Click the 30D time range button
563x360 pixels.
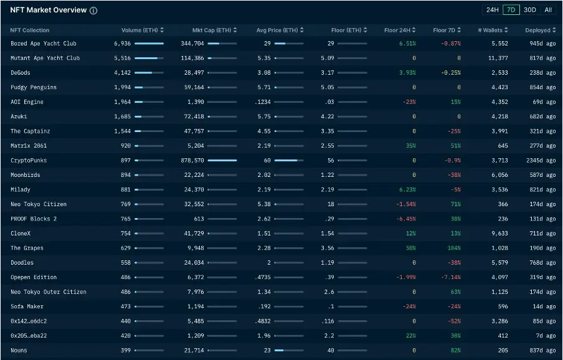[x=529, y=10]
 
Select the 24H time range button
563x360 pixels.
[x=492, y=10]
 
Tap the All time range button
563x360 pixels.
[x=548, y=10]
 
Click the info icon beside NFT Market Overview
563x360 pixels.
[x=93, y=11]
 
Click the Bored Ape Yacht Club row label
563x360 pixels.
[x=44, y=44]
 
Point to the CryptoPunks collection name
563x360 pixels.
[x=29, y=160]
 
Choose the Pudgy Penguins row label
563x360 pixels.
[x=34, y=87]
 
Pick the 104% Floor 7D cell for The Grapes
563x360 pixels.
[x=454, y=248]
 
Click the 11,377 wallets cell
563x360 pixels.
[x=498, y=58]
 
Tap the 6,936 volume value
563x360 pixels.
[x=123, y=44]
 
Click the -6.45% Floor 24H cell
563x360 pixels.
[x=406, y=219]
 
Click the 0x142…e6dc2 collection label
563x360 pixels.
[x=29, y=321]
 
